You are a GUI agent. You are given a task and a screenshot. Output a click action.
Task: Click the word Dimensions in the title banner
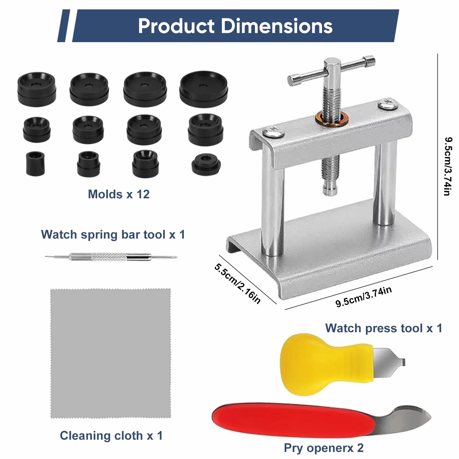[x=277, y=26]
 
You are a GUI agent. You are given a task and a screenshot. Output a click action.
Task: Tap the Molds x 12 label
[x=119, y=194]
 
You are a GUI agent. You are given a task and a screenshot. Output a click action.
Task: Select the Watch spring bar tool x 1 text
[x=113, y=234]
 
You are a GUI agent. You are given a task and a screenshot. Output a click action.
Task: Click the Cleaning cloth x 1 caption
[x=111, y=436]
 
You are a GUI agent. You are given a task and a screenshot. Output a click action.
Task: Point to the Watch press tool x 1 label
[x=384, y=328]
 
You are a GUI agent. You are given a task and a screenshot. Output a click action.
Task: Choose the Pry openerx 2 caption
[x=324, y=448]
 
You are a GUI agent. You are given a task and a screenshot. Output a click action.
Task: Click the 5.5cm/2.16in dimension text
[x=237, y=283]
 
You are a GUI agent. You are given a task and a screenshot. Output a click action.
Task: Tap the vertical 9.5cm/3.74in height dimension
[x=448, y=166]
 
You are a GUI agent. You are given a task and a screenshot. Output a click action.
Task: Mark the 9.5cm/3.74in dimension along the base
[x=364, y=297]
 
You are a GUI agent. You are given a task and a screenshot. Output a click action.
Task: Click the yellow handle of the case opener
[x=325, y=364]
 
